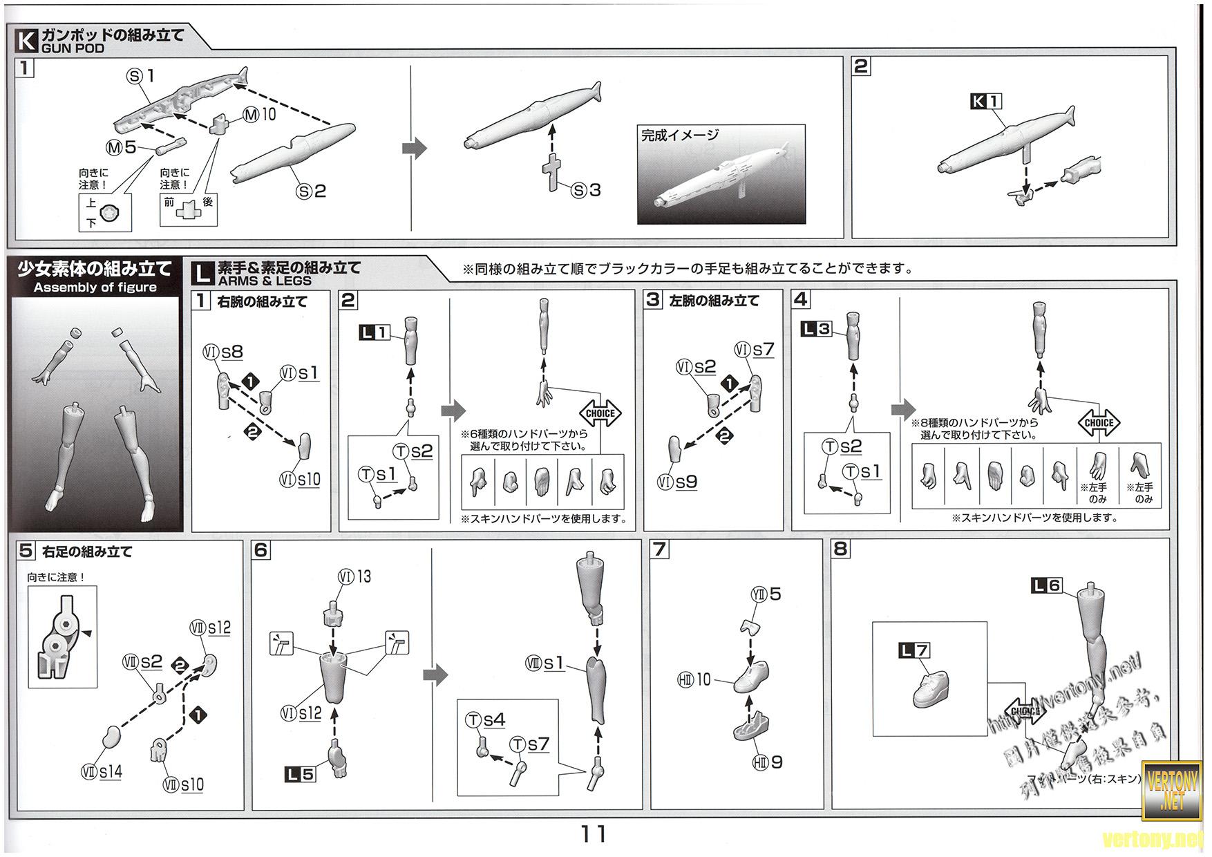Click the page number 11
594,834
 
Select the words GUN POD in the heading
73,48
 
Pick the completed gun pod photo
721,174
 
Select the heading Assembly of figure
95,288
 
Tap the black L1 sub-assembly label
374,333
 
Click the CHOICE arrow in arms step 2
600,413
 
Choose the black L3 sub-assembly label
816,329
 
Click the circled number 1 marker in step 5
198,715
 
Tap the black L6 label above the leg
1046,585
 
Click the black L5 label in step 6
299,774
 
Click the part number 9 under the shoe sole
777,762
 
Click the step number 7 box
660,549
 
